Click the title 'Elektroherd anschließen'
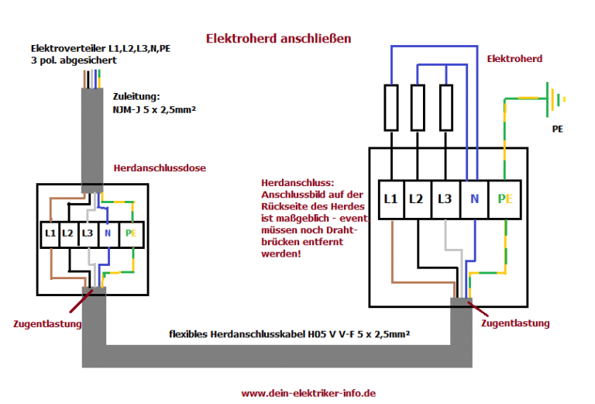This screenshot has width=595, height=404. coord(278,37)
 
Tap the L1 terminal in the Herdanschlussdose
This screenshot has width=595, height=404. coord(50,233)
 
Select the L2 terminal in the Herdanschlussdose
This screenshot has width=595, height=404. coord(68,233)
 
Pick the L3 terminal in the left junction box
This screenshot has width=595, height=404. coord(87,233)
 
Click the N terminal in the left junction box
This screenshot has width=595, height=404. coord(108,233)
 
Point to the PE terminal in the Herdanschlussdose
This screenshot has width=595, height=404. coord(130,233)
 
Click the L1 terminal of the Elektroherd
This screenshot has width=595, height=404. coord(391,199)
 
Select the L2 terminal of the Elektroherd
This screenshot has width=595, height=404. coord(418,199)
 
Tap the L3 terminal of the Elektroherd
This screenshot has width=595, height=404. coord(445,199)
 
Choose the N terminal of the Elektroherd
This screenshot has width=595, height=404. coord(473,199)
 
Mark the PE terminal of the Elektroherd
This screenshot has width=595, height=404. coord(505,199)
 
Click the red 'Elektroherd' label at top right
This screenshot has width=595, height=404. coord(514,58)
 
